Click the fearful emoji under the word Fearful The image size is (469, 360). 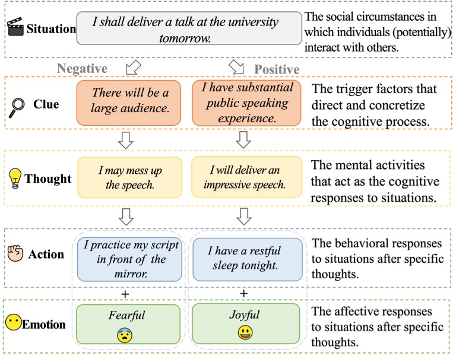click(125, 335)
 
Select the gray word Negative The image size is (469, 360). click(82, 69)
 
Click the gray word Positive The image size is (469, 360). click(277, 70)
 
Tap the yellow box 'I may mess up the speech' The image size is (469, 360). click(129, 178)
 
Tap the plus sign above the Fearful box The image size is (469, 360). click(124, 294)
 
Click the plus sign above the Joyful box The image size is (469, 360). click(243, 294)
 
